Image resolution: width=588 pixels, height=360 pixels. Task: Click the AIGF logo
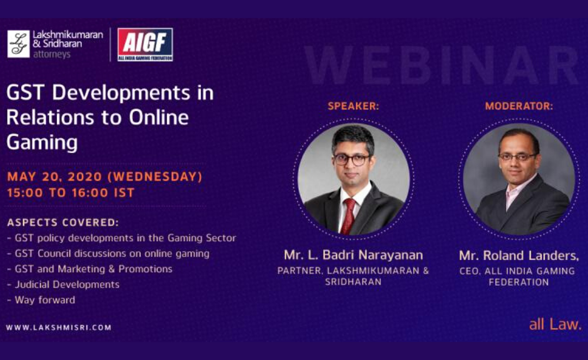click(145, 45)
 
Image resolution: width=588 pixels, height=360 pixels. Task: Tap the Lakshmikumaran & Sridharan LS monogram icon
click(18, 44)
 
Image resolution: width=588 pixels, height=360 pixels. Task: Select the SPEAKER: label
click(353, 106)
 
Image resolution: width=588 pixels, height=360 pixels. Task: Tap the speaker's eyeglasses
click(352, 159)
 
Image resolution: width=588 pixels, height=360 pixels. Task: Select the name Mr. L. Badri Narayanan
click(353, 255)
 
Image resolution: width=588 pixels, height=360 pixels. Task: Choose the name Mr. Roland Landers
click(518, 255)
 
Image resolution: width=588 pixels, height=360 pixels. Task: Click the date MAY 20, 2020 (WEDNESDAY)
click(105, 176)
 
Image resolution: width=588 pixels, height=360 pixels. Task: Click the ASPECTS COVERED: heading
click(63, 223)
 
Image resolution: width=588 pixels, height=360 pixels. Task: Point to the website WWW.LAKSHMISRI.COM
click(59, 328)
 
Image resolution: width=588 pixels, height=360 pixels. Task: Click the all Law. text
click(555, 324)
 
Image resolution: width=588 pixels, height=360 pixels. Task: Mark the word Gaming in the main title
click(42, 142)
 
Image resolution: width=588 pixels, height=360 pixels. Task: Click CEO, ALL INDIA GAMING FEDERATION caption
click(518, 276)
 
